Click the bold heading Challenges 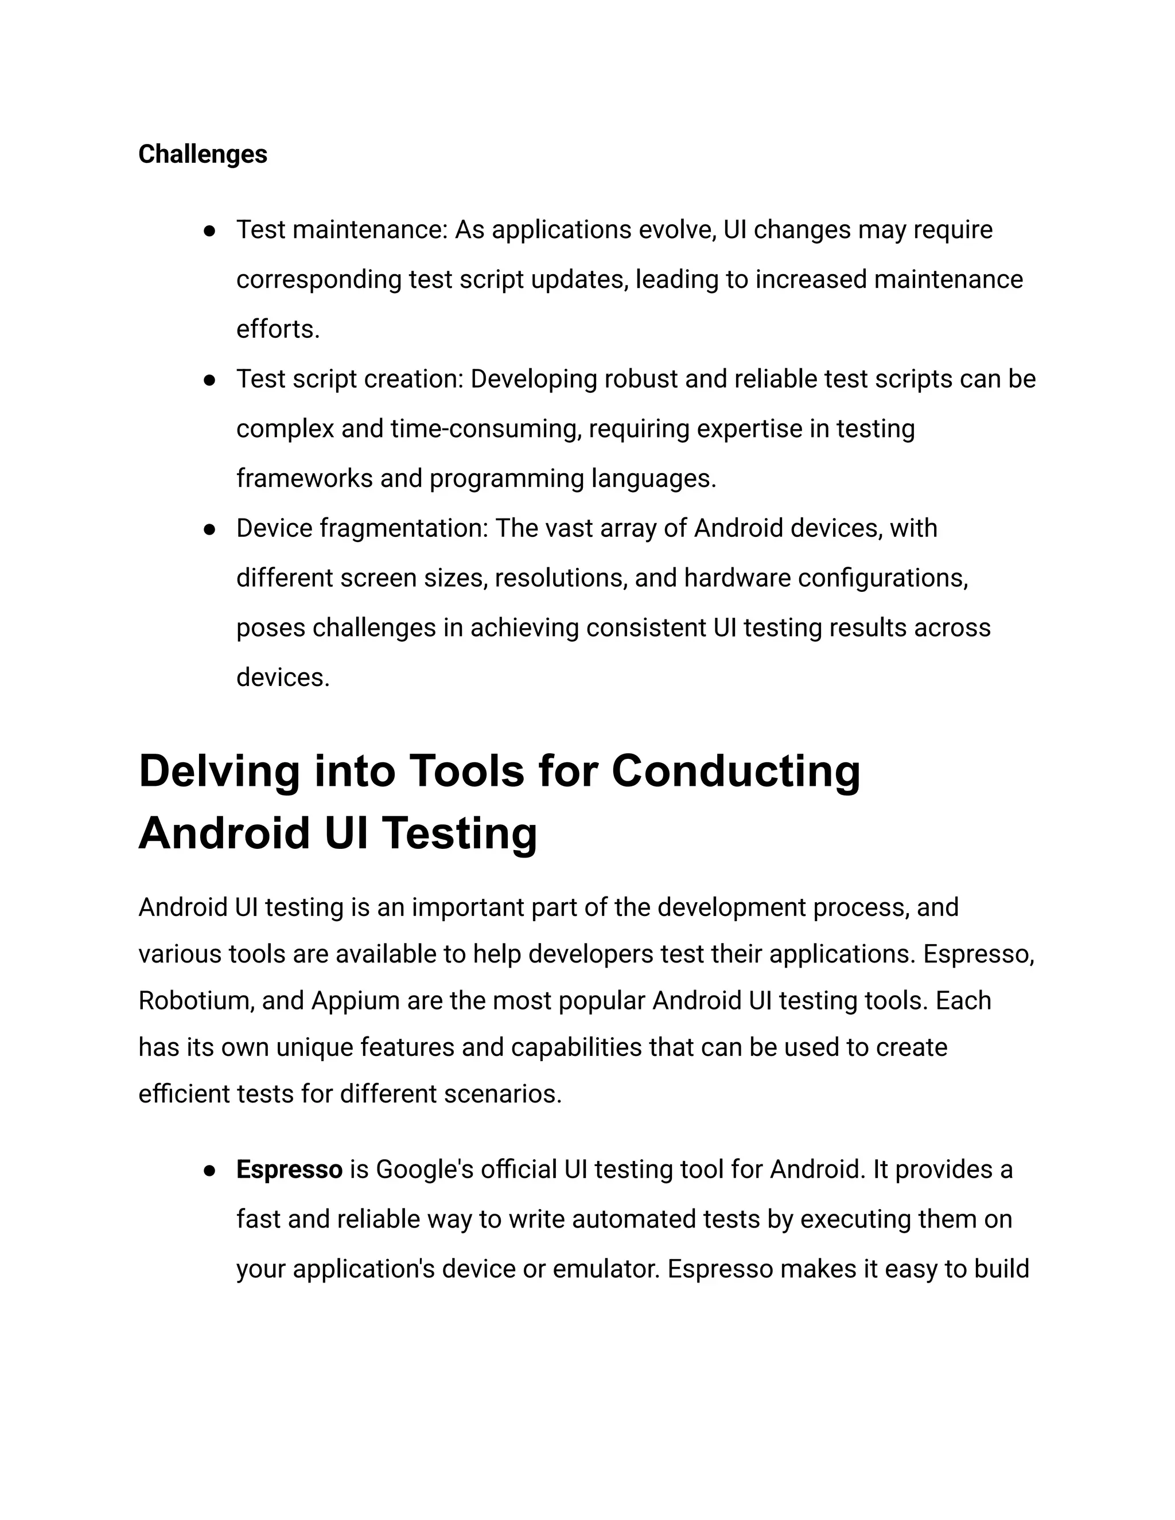coord(203,154)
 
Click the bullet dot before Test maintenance coord(209,231)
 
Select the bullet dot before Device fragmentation coord(209,529)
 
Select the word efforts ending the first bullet coord(277,329)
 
